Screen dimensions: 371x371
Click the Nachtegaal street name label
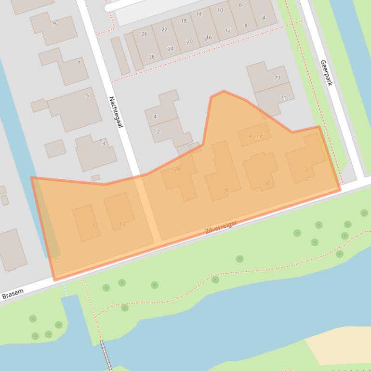[116, 112]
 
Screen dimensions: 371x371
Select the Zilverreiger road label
[221, 227]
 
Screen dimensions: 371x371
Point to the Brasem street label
[13, 294]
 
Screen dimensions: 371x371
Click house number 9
[54, 24]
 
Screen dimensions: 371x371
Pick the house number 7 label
[79, 63]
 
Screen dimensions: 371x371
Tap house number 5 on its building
[87, 95]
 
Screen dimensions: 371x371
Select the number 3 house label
[103, 143]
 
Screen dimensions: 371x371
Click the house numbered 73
[278, 78]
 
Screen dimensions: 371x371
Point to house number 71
[283, 98]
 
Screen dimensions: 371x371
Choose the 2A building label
[177, 169]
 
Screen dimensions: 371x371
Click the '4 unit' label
[256, 136]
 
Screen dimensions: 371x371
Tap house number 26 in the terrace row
[144, 34]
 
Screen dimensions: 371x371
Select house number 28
[152, 57]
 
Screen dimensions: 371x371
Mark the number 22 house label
[164, 29]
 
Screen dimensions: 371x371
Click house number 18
[184, 21]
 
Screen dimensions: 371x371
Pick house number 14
[199, 14]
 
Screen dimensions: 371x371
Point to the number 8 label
[246, 26]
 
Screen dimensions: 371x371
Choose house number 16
[209, 38]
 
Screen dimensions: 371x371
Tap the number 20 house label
[189, 41]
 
